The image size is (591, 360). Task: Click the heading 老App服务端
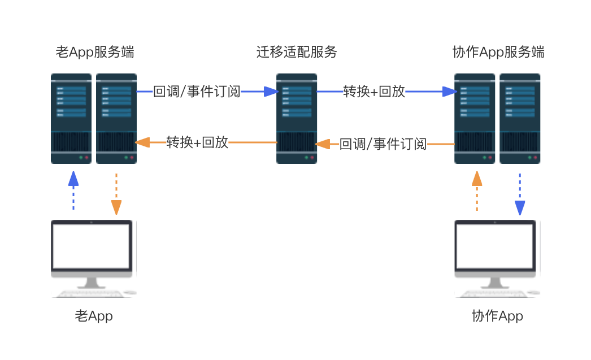click(95, 52)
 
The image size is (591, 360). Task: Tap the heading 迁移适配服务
click(297, 52)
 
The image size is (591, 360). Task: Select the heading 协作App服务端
click(498, 52)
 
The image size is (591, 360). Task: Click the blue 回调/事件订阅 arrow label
click(197, 92)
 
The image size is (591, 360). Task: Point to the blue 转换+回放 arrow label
click(374, 92)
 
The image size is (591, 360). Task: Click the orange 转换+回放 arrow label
click(197, 142)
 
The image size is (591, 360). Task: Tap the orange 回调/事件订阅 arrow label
click(383, 144)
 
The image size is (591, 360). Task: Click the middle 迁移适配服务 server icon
click(297, 119)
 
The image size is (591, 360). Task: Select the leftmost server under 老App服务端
click(71, 119)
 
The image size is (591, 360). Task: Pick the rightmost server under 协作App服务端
click(520, 119)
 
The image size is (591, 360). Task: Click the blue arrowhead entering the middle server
click(271, 92)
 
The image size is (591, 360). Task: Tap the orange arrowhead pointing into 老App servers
click(142, 142)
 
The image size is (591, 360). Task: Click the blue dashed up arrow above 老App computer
click(73, 190)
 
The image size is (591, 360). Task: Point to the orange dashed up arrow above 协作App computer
click(477, 191)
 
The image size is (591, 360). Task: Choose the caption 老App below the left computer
click(94, 316)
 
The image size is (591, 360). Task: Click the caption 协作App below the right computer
click(497, 316)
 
